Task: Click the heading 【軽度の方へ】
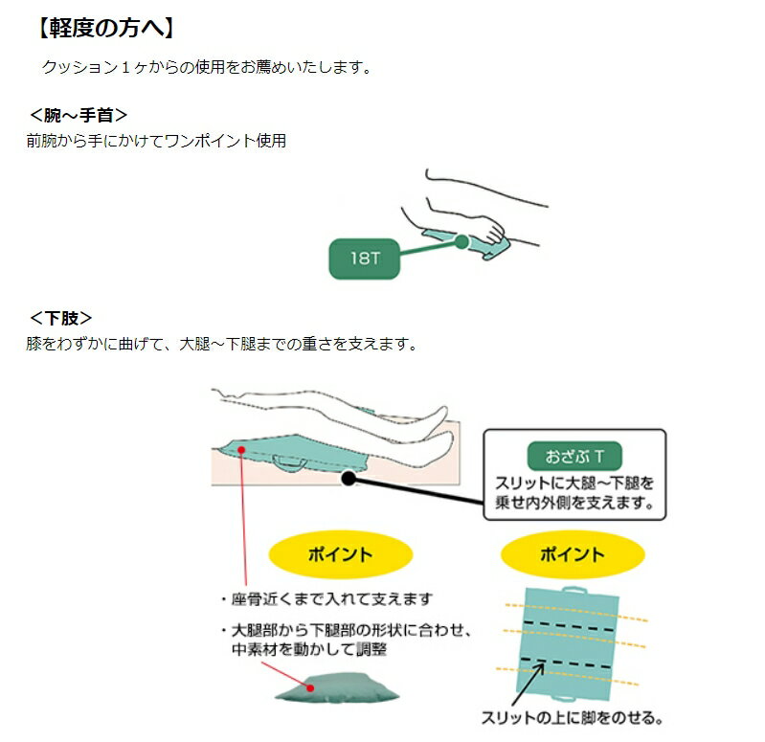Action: point(105,28)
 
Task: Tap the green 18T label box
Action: point(365,259)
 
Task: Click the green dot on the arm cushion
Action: point(461,241)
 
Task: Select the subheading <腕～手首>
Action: point(79,116)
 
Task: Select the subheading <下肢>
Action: point(60,319)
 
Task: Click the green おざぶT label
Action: point(574,456)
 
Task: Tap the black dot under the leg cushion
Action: point(349,478)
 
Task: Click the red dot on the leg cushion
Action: point(241,450)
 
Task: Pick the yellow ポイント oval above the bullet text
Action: point(341,554)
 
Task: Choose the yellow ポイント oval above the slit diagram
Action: point(573,554)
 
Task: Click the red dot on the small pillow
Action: point(310,687)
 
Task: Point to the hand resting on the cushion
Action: point(488,229)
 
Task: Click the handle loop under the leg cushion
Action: point(290,463)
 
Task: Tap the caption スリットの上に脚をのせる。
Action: point(572,718)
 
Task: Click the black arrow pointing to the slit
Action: point(528,684)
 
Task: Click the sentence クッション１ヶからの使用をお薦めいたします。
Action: point(207,67)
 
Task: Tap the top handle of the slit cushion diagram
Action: point(575,591)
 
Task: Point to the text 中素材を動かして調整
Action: point(309,649)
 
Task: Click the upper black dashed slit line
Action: point(569,626)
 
